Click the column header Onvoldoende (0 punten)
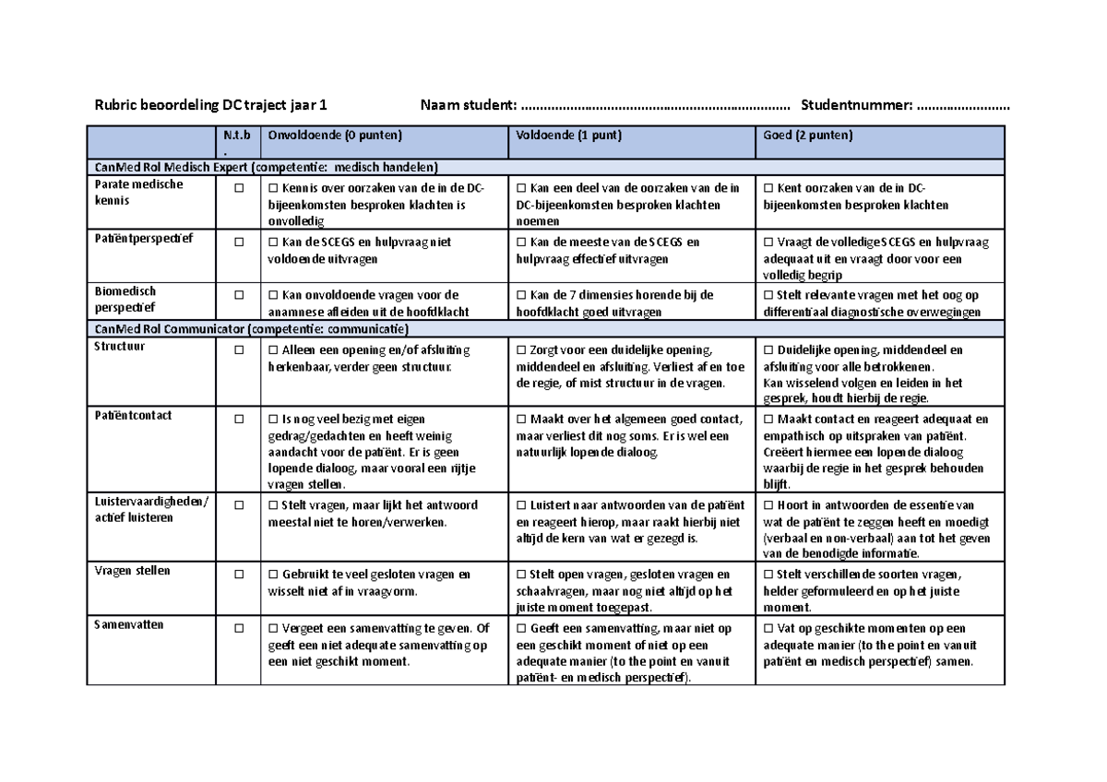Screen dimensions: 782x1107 click(x=336, y=136)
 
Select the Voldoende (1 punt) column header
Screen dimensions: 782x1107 click(x=569, y=136)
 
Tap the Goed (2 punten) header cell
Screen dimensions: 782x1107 click(x=808, y=136)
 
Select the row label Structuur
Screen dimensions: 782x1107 click(x=120, y=347)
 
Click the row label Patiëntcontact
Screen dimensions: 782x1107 click(x=133, y=416)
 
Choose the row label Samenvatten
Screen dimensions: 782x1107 click(x=129, y=625)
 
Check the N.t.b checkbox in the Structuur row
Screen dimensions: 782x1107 click(x=238, y=351)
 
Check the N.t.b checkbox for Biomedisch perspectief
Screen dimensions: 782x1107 click(x=238, y=295)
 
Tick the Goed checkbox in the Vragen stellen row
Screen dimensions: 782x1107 click(x=769, y=575)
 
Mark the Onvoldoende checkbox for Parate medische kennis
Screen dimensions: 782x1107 click(x=272, y=188)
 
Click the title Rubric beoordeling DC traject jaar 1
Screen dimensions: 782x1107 click(x=205, y=106)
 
